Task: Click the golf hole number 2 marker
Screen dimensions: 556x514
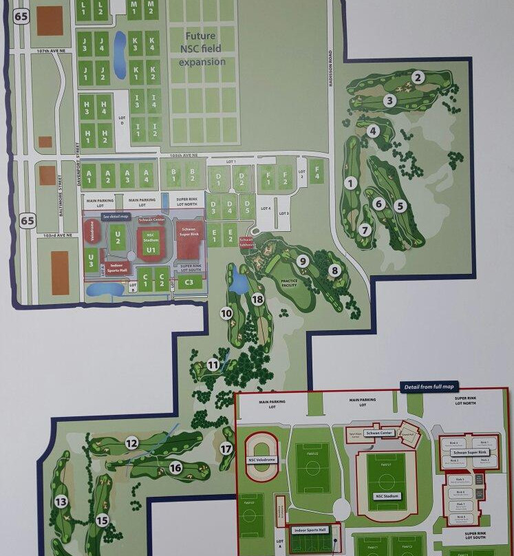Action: click(x=418, y=77)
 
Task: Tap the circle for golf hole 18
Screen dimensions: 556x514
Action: click(x=257, y=299)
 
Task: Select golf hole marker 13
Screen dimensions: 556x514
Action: click(x=61, y=502)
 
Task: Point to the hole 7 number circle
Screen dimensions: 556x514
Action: click(x=365, y=230)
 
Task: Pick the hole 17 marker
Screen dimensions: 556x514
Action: click(x=226, y=449)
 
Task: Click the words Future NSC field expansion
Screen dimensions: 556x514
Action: click(x=202, y=49)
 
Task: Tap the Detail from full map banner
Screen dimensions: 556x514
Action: click(x=429, y=387)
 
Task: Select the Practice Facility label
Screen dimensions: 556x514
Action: click(x=289, y=284)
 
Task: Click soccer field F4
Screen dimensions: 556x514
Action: click(x=317, y=171)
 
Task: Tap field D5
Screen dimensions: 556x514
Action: click(x=246, y=206)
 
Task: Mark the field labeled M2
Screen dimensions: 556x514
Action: click(x=152, y=8)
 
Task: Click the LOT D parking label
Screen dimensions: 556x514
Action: click(x=122, y=120)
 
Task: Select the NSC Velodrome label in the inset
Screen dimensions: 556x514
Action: click(x=262, y=459)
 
